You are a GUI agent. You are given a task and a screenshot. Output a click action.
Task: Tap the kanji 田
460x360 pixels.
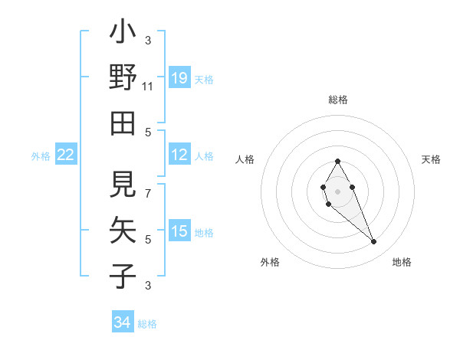click(x=123, y=122)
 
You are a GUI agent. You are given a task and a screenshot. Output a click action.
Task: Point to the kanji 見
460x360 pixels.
click(x=123, y=184)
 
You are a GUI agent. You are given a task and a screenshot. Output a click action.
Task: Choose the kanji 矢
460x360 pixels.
click(x=123, y=229)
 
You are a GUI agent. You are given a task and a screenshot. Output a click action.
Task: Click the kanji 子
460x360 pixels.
click(x=123, y=275)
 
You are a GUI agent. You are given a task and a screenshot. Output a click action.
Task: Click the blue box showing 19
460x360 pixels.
click(x=179, y=77)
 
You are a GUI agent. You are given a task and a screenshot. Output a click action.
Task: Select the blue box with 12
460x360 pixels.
click(x=179, y=155)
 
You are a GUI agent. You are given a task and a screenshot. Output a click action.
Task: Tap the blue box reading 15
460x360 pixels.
click(x=179, y=231)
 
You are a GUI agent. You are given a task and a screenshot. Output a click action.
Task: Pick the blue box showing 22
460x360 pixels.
click(x=66, y=155)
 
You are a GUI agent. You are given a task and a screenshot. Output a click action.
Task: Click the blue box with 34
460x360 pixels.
click(x=123, y=322)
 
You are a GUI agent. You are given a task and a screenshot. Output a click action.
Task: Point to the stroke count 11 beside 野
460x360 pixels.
click(x=148, y=87)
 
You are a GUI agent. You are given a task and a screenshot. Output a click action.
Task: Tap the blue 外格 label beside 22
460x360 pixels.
click(x=41, y=156)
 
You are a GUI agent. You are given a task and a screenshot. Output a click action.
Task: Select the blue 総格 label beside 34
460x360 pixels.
click(x=147, y=324)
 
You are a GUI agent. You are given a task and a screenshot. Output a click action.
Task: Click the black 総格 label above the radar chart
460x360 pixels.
click(x=338, y=100)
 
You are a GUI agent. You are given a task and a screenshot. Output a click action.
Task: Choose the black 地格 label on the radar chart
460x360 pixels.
click(x=402, y=262)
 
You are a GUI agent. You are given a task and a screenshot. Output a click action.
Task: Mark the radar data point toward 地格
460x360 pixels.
click(x=374, y=242)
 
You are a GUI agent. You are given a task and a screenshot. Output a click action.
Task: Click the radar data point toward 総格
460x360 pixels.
click(x=337, y=161)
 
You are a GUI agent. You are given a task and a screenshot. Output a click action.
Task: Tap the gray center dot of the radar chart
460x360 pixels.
click(x=337, y=190)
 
